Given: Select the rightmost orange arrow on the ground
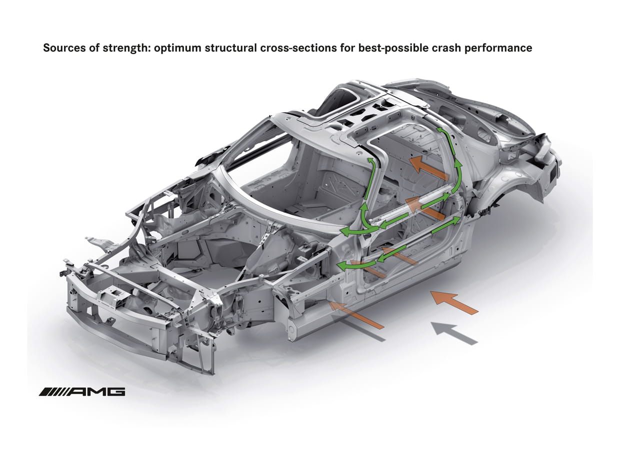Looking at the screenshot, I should [x=454, y=302].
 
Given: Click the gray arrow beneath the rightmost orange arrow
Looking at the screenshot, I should [x=454, y=333].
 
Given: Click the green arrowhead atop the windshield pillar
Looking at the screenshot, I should [x=370, y=161].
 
